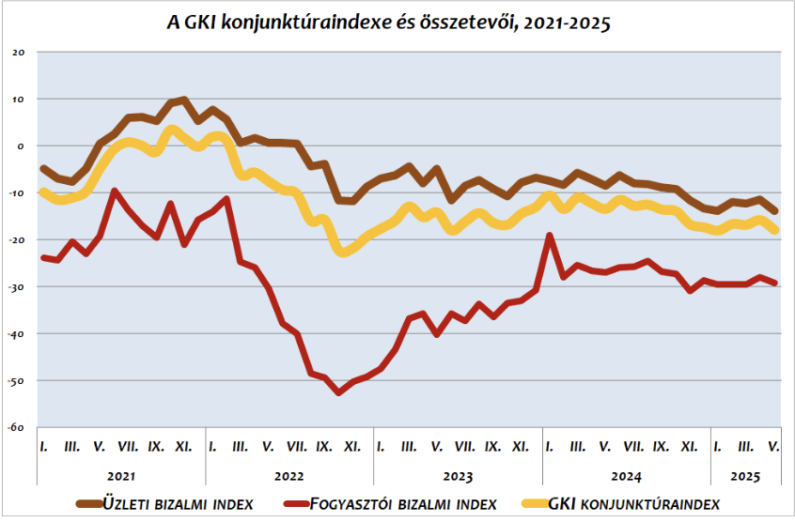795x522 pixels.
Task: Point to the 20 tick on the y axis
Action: [19, 52]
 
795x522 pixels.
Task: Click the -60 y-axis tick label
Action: [18, 427]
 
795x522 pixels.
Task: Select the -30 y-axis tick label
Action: [18, 286]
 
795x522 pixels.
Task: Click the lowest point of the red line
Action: [339, 392]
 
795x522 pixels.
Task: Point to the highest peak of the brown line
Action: [184, 99]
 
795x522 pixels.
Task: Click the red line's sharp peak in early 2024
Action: [550, 236]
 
